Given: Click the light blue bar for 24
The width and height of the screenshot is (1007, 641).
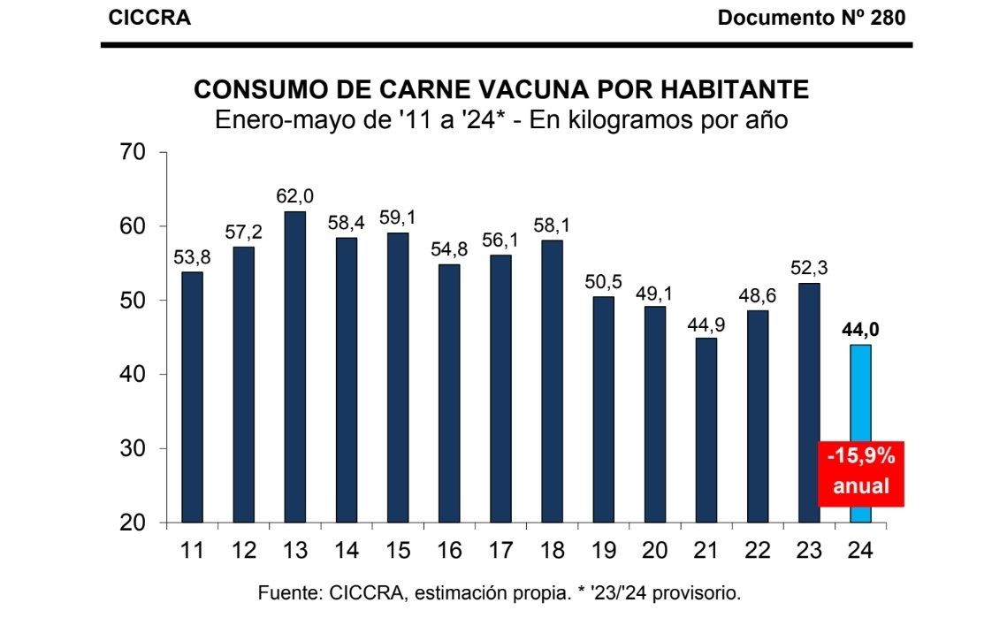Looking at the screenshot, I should click(860, 433).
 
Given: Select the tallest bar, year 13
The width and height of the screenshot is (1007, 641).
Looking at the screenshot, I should click(294, 367).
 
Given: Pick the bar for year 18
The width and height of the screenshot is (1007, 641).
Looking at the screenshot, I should click(552, 381).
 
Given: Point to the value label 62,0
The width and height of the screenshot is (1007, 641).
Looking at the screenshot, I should click(294, 196).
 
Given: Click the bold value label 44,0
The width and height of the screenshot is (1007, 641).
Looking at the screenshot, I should click(860, 330).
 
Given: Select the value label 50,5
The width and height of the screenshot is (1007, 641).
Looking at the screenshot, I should click(603, 282).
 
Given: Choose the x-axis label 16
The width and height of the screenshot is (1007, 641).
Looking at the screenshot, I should click(449, 550).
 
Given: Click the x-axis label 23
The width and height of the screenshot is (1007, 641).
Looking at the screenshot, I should click(809, 550).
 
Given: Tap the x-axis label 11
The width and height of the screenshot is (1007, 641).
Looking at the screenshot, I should click(192, 550).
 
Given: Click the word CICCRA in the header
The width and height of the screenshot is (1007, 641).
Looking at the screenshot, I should click(149, 18).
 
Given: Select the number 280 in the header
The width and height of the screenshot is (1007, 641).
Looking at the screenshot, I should click(888, 18).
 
